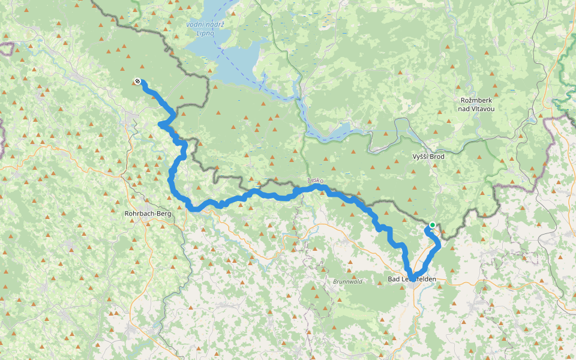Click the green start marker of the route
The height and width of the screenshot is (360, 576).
point(432,225)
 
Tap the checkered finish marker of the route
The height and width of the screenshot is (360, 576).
point(138,82)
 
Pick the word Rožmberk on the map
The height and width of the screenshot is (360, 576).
point(477,100)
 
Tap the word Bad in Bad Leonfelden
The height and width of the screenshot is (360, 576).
point(394,279)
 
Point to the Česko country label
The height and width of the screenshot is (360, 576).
point(316,181)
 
